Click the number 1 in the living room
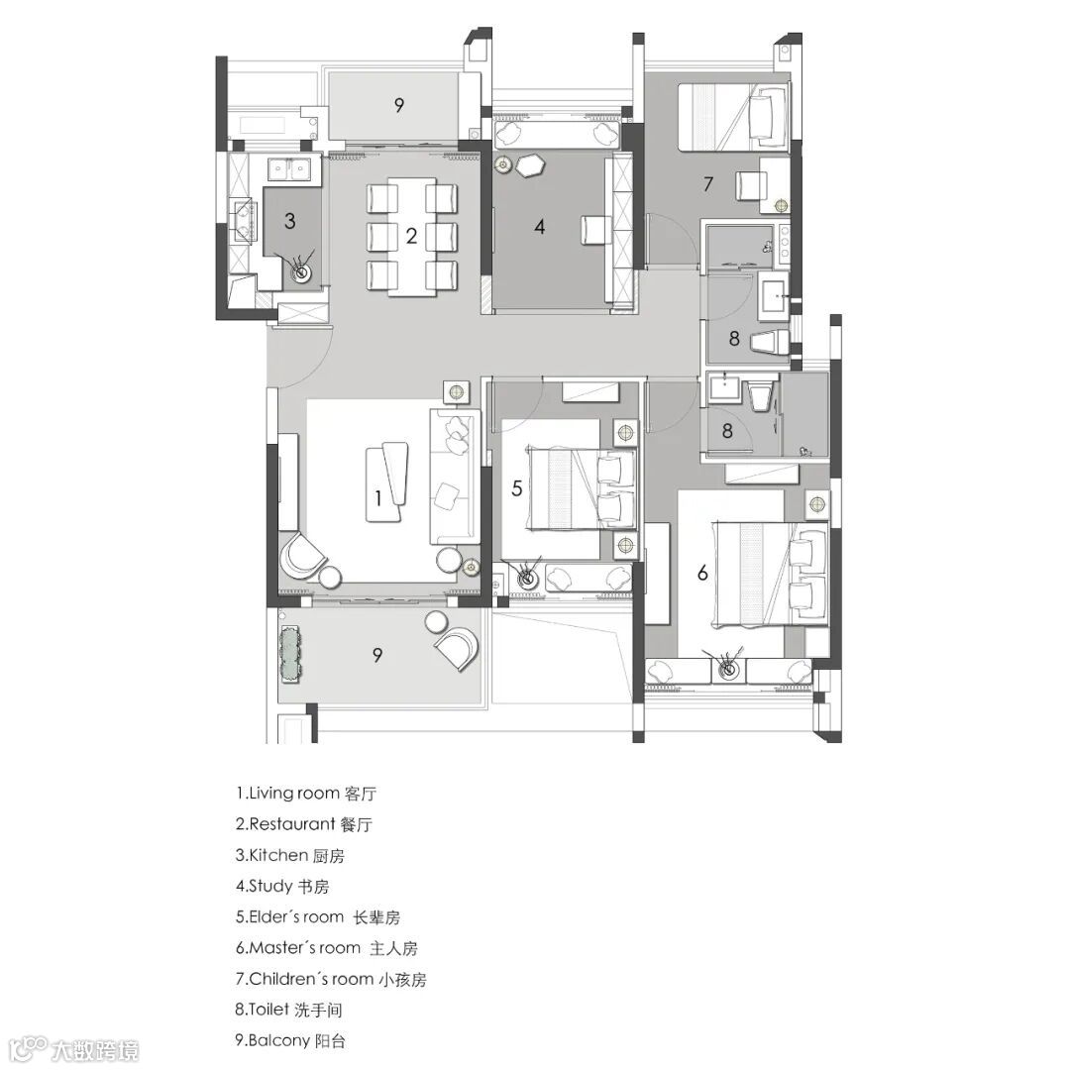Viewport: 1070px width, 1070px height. point(378,497)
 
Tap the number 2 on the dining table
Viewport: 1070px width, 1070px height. point(411,236)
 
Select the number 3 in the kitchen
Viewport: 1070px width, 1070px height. point(290,220)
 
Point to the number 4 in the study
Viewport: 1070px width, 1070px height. point(540,227)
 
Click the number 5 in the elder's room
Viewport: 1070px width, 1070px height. point(516,487)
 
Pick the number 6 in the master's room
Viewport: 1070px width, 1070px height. point(702,573)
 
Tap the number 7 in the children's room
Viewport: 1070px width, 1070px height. point(708,183)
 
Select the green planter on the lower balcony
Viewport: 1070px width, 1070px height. point(290,655)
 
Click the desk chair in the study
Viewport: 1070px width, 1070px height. point(595,229)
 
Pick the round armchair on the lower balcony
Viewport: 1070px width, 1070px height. point(457,649)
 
